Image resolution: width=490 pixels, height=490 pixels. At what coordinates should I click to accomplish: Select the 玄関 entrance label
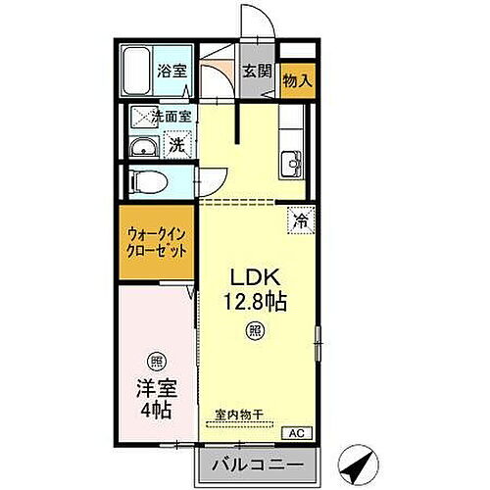point(258,72)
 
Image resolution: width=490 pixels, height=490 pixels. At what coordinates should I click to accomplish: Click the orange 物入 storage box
point(298,79)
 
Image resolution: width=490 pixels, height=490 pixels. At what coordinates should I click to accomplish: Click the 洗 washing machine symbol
point(177,145)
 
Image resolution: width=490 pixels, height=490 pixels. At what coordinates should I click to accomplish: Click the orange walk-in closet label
point(157,242)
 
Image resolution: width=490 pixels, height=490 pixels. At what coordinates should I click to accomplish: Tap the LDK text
point(252,277)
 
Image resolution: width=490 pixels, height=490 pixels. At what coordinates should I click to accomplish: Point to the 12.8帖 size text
point(254,303)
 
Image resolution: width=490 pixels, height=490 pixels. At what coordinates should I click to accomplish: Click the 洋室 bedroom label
point(157,387)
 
